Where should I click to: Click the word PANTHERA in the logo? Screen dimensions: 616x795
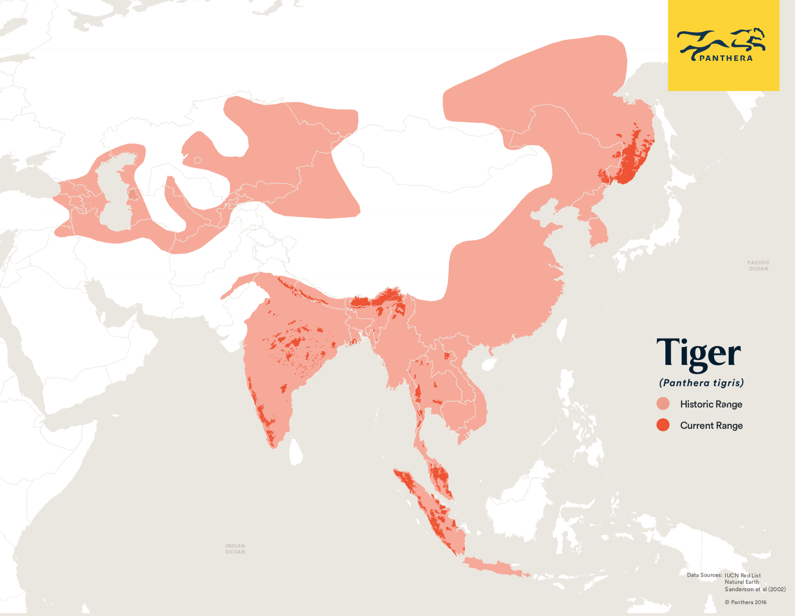[x=726, y=58]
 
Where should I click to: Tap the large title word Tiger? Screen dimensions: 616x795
[x=698, y=354]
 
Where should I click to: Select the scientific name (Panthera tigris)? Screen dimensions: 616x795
[x=701, y=383]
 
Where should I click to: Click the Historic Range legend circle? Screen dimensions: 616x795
[x=663, y=404]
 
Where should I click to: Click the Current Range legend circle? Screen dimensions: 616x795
[x=663, y=425]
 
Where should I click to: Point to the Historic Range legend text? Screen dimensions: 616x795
[x=711, y=404]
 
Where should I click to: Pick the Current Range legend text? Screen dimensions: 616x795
[x=711, y=425]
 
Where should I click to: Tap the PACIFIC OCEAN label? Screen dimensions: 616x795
[x=758, y=266]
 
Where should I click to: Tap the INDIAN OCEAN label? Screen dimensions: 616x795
[x=235, y=549]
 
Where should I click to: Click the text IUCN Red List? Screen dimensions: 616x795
[x=743, y=575]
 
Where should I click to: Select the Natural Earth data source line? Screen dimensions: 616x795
[x=742, y=582]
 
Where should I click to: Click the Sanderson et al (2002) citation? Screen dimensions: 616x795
[x=755, y=589]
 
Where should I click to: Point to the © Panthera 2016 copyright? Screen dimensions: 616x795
[x=745, y=602]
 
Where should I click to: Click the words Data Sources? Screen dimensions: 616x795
[x=704, y=575]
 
